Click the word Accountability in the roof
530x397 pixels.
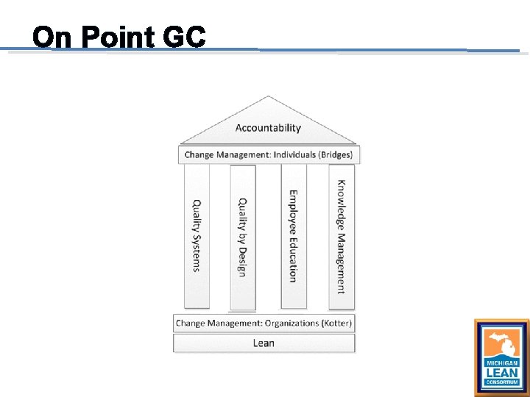(268, 128)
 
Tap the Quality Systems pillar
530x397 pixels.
(197, 235)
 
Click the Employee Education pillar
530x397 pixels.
(293, 236)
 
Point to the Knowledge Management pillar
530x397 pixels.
(341, 236)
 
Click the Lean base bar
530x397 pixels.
(264, 343)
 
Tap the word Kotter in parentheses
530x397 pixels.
(337, 323)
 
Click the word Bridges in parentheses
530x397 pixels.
(336, 154)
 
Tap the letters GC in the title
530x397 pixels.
(185, 37)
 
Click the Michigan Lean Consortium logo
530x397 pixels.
(501, 357)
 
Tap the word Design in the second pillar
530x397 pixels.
(242, 260)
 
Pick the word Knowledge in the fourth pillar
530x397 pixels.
(342, 206)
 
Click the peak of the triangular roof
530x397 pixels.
(269, 97)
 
